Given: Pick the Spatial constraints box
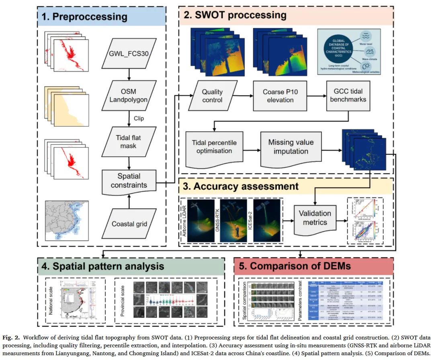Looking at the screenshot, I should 129,181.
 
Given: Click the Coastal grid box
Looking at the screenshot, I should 129,223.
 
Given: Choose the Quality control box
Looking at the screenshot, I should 212,96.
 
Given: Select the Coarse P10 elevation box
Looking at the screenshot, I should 278,96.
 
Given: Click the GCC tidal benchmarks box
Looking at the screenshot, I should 346,96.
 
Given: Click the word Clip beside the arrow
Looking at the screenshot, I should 139,119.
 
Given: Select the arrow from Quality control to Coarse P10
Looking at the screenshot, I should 241,96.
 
